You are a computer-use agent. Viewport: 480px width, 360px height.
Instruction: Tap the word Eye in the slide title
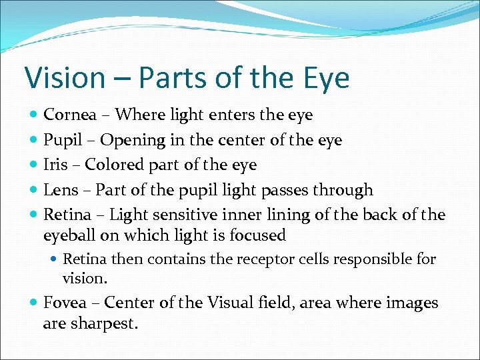[x=325, y=78]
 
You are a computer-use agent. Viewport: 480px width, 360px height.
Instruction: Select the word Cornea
[x=71, y=115]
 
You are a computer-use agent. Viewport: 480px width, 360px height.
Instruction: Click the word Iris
[x=55, y=165]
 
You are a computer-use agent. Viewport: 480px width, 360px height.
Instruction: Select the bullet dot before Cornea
[x=34, y=115]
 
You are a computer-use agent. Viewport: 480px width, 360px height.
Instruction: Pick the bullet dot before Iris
[x=34, y=165]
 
